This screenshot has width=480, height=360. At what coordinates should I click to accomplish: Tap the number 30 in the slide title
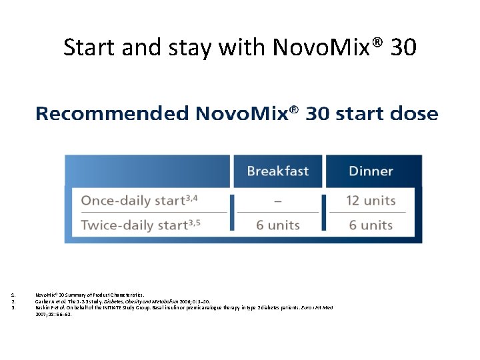point(403,47)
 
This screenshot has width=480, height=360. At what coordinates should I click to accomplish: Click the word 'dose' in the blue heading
point(412,114)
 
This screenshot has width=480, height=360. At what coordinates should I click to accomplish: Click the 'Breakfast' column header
point(277,171)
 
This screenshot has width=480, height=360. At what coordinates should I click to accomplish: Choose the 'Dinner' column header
point(371,171)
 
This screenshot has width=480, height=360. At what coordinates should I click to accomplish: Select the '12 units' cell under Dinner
point(371,201)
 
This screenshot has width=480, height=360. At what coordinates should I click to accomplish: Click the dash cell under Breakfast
point(277,201)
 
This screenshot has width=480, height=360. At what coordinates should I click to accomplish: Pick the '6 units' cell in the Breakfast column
point(277,225)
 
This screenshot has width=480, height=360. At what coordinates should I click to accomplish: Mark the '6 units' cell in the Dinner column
point(371,225)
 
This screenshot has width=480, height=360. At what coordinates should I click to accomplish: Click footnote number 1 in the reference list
point(13,294)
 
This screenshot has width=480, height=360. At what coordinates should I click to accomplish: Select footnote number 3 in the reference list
point(13,307)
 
